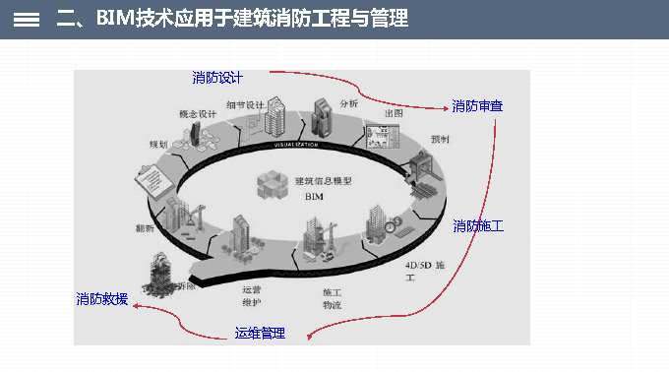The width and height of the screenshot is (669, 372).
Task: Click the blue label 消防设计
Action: tap(217, 78)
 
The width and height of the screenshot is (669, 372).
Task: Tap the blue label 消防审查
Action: tap(478, 106)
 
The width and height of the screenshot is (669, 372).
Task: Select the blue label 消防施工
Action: tap(478, 226)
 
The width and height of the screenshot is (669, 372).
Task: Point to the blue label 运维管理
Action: tap(260, 334)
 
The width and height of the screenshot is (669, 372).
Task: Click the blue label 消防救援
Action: tap(102, 298)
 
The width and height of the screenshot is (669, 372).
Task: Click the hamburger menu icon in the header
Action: tap(27, 19)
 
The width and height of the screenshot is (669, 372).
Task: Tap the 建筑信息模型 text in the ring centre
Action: tap(324, 181)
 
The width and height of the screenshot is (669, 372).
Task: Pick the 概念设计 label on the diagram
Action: tap(197, 114)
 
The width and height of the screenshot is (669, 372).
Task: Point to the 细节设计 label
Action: tap(245, 104)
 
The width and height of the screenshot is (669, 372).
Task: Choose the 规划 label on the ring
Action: tap(158, 145)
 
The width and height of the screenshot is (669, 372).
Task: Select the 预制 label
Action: tap(440, 140)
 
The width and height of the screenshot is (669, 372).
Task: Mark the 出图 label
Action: tap(394, 113)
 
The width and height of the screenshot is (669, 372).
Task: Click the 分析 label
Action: tap(349, 101)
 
